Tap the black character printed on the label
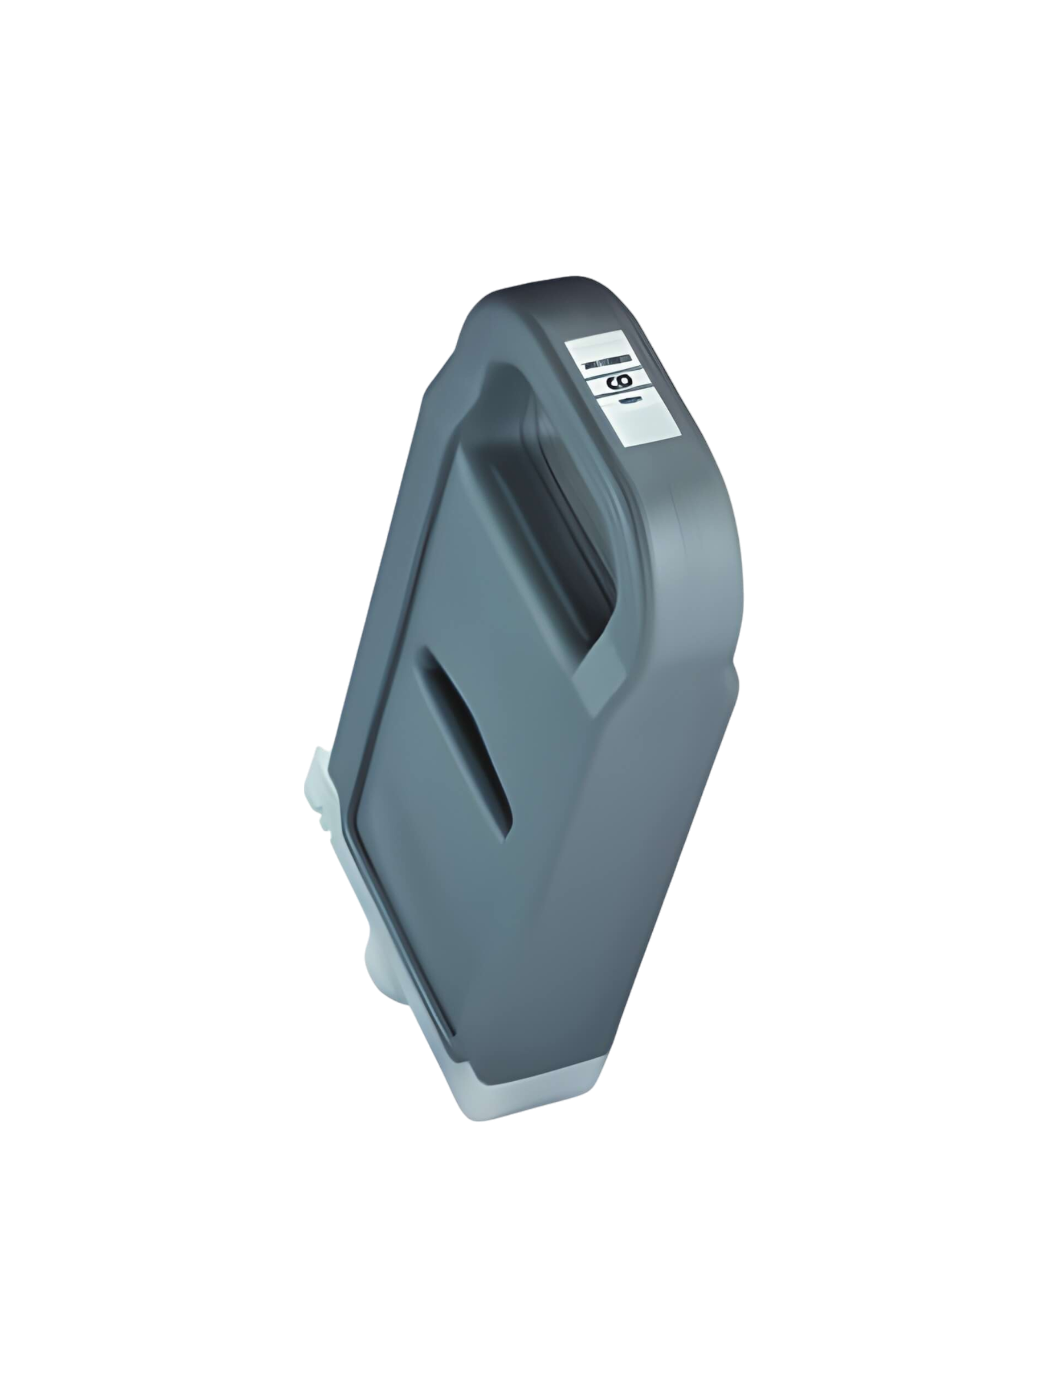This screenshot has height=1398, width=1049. (x=612, y=382)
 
